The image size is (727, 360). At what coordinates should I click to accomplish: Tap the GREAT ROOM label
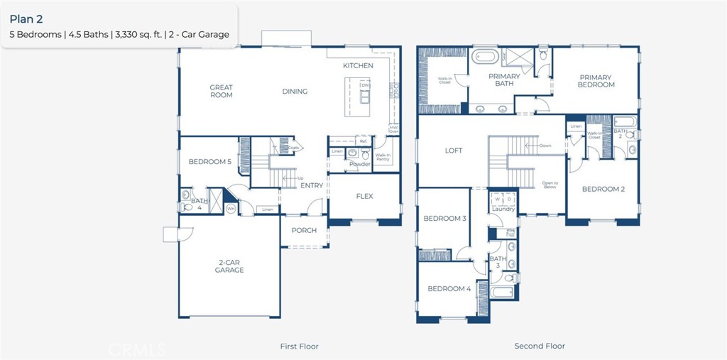[x=221, y=92]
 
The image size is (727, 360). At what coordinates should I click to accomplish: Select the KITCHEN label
[x=358, y=65]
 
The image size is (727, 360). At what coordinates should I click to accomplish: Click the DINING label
[x=295, y=92]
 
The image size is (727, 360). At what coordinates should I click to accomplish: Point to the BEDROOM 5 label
[x=209, y=162]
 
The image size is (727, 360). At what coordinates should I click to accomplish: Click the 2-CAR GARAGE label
[x=229, y=266]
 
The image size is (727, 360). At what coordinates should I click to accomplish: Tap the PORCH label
[x=305, y=230]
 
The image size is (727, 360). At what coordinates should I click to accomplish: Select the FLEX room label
[x=364, y=197]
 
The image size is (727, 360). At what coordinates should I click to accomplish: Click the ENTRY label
[x=312, y=186]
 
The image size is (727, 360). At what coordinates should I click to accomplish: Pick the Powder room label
[x=360, y=164]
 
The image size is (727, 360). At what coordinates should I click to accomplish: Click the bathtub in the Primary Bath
[x=487, y=55]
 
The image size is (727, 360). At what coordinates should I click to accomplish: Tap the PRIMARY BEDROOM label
[x=596, y=81]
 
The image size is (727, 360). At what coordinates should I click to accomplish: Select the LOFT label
[x=454, y=151]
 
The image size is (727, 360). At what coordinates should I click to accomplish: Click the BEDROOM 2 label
[x=603, y=190]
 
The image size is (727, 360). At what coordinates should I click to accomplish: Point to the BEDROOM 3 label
[x=444, y=219]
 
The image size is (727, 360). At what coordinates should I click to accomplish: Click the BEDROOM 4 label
[x=448, y=289]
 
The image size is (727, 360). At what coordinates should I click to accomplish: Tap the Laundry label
[x=503, y=209]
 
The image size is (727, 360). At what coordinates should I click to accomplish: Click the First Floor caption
[x=299, y=347]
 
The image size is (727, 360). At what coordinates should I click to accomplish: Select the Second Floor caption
[x=540, y=347]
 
